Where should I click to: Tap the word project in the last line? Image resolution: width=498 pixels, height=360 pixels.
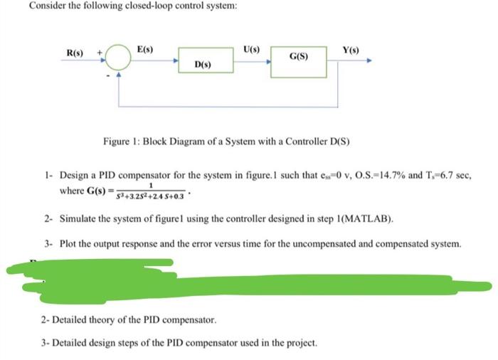pyautogui.click(x=298, y=343)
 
